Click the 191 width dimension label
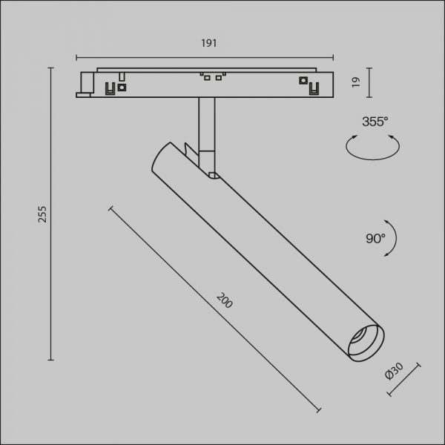[x=208, y=44]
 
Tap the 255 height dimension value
[x=42, y=214]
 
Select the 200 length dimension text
[x=225, y=300]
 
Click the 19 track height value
[x=356, y=82]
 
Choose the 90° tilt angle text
[x=375, y=238]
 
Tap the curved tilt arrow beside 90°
[x=392, y=237]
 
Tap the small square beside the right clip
[x=303, y=81]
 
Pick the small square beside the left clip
[x=122, y=87]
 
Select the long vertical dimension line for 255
[x=51, y=214]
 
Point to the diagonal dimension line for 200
[x=215, y=310]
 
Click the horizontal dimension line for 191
[x=205, y=56]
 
